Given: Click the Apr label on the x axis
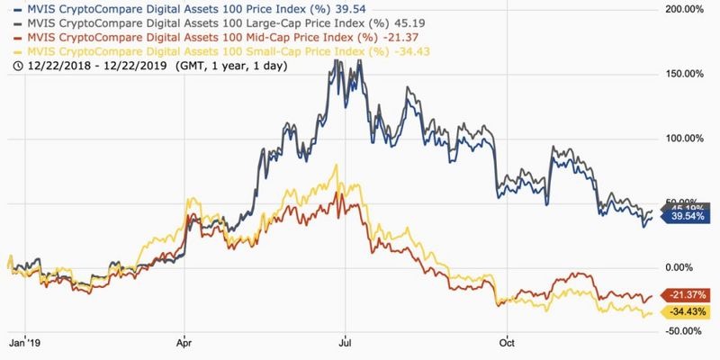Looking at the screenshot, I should (185, 342).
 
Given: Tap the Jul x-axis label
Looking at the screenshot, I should (344, 342).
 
